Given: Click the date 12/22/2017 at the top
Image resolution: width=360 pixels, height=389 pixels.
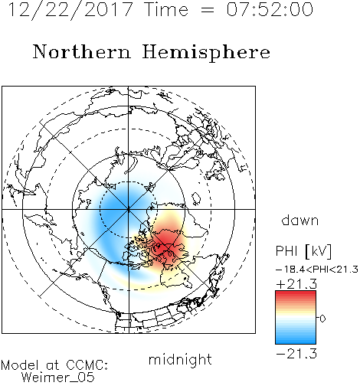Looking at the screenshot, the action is [70, 10].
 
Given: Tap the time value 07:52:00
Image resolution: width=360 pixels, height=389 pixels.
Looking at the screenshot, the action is [270, 9].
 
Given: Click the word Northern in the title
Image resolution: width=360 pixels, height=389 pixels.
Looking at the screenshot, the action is [82, 52].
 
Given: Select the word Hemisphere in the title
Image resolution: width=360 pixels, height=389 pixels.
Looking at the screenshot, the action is [206, 53].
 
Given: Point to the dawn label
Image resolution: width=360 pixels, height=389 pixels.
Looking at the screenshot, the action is [300, 220].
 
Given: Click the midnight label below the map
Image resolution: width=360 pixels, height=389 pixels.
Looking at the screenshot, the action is [180, 360].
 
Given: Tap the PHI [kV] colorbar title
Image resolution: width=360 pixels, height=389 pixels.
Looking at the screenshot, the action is [303, 251].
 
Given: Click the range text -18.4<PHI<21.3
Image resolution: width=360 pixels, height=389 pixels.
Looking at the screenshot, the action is [317, 270].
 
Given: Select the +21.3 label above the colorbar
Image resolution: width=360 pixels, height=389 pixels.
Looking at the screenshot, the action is [296, 284].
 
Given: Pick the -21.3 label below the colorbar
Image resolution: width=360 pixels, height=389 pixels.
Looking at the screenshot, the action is [296, 354].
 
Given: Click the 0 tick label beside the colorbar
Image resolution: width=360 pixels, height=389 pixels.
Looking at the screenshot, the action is [322, 319].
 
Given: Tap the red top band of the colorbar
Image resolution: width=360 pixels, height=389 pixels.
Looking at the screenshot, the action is [296, 295].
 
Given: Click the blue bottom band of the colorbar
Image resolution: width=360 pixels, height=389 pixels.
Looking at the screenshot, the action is [296, 341].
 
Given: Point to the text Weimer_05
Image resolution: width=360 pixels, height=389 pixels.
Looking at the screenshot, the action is [58, 378].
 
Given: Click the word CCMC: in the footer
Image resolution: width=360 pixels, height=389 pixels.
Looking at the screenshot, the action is [87, 365].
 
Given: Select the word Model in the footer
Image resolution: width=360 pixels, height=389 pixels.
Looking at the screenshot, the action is [20, 365].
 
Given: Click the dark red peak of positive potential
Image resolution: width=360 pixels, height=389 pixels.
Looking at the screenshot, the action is [165, 246].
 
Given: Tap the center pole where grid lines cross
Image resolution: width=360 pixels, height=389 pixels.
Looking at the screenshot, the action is [129, 209].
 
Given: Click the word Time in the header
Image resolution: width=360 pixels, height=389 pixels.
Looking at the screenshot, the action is [166, 9].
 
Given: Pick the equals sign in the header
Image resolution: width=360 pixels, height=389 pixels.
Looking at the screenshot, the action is [208, 10].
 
